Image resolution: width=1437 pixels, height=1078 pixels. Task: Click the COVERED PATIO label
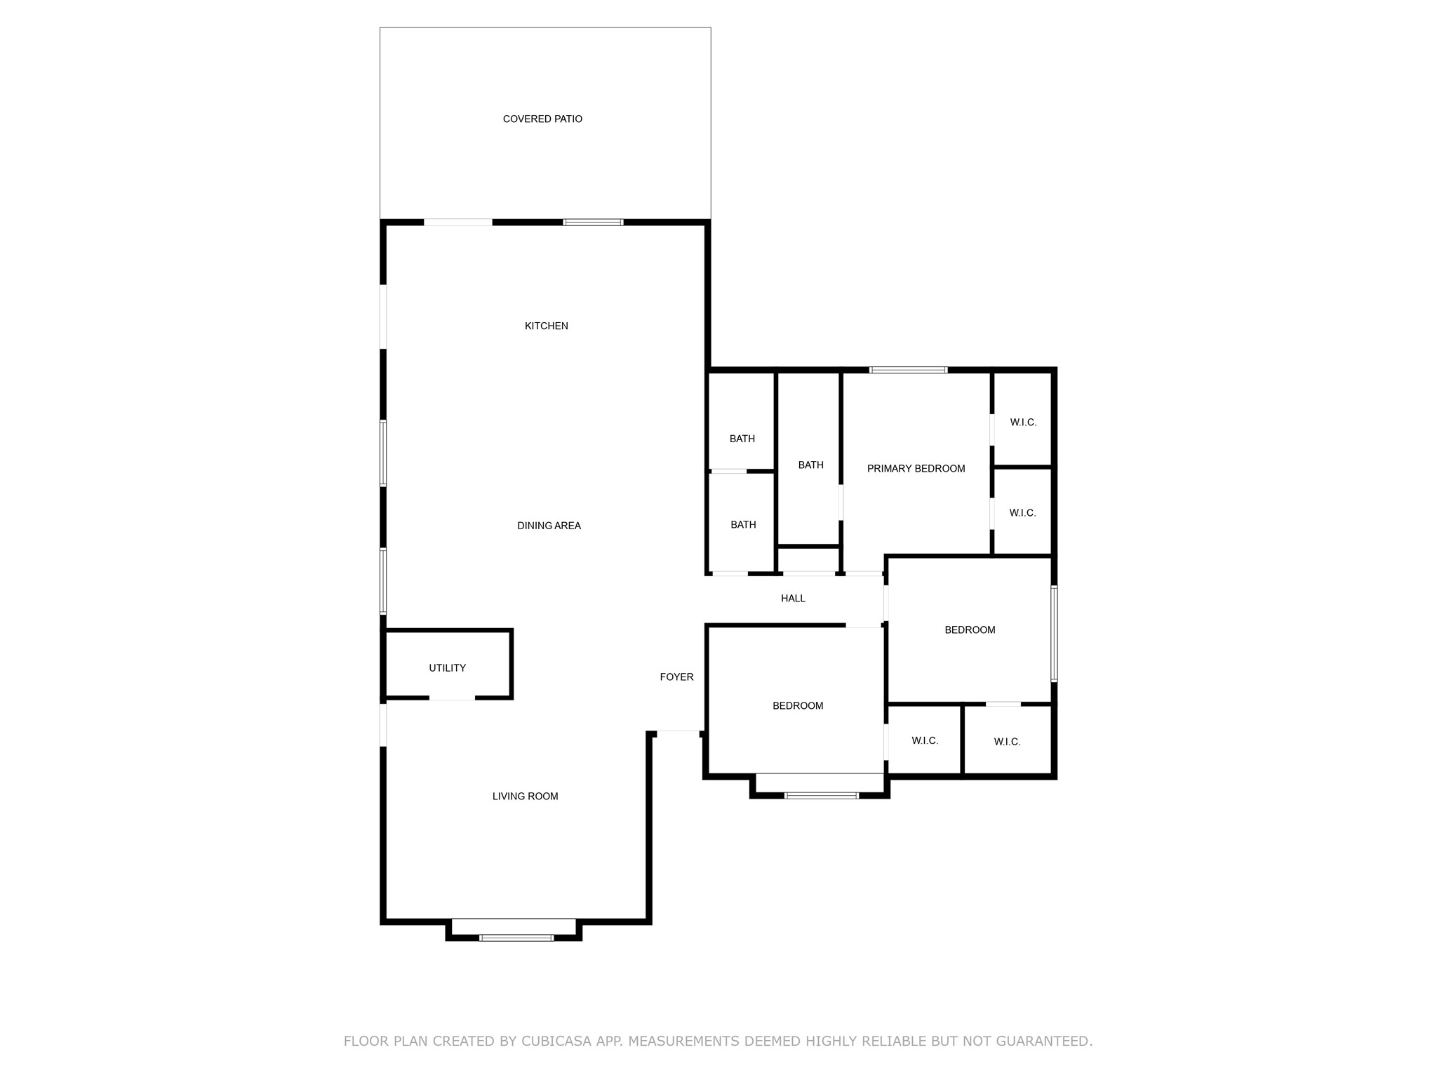click(542, 119)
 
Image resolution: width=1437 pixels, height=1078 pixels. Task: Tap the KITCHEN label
click(547, 326)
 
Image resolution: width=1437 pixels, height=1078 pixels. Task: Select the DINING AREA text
click(549, 526)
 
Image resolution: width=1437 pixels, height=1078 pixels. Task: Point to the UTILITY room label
click(447, 668)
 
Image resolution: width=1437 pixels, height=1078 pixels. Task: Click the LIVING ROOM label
click(525, 796)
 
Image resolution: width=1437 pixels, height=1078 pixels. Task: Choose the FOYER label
click(676, 677)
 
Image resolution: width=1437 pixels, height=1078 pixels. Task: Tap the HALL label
click(793, 599)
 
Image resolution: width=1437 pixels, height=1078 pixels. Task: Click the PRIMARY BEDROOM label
click(916, 469)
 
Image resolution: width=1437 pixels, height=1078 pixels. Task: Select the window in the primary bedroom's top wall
click(908, 370)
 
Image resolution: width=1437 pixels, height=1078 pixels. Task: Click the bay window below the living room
click(516, 937)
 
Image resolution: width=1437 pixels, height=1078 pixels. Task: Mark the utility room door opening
click(452, 698)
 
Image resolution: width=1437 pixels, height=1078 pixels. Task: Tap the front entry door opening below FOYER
click(678, 733)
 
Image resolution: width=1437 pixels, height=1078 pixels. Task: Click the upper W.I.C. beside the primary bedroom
click(1023, 422)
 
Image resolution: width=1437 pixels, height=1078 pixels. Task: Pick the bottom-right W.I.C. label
click(1007, 742)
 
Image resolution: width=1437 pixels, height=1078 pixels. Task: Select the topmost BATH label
click(742, 439)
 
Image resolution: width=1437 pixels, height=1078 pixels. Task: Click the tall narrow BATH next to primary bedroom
click(810, 465)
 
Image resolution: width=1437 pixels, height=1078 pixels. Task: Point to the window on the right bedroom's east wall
click(1053, 634)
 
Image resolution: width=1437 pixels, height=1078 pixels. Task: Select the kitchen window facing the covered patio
click(593, 222)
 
